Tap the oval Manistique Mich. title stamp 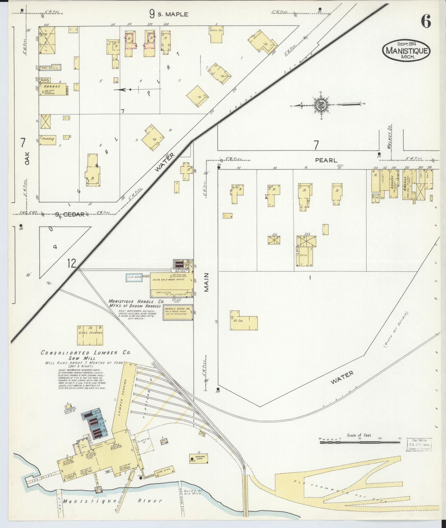click(406, 52)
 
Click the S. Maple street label click(169, 14)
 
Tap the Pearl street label click(326, 160)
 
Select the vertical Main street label click(206, 282)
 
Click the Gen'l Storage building click(90, 335)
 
